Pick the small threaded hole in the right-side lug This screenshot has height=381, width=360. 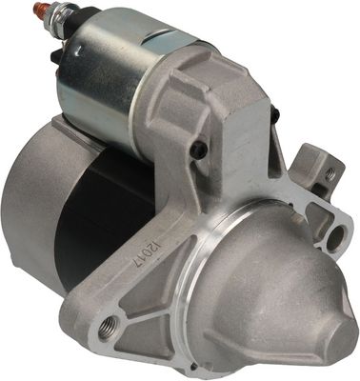pyautogui.click(x=330, y=174)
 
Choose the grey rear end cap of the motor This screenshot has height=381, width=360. pyautogui.click(x=24, y=200)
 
